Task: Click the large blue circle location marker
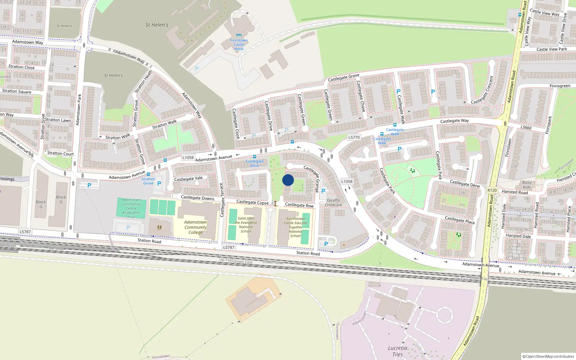pos(288,180)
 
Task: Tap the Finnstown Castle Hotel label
pos(239,45)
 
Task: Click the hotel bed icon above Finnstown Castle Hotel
pos(239,35)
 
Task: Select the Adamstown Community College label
pos(195,227)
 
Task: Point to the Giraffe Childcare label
pos(333,203)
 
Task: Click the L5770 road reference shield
pos(354,137)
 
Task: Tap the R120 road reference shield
pos(492,190)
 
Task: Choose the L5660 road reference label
pos(526,127)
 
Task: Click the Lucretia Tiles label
pos(397,351)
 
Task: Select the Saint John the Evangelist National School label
pos(246,225)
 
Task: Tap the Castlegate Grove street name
pos(343,78)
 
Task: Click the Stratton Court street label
pos(60,153)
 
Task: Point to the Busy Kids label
pos(527,185)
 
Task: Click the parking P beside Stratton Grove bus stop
pos(159,184)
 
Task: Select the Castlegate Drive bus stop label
pos(255,163)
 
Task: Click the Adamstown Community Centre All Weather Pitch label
pos(131,208)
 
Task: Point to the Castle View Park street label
pos(552,49)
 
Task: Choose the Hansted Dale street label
pos(518,236)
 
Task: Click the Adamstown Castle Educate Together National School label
pos(295,227)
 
